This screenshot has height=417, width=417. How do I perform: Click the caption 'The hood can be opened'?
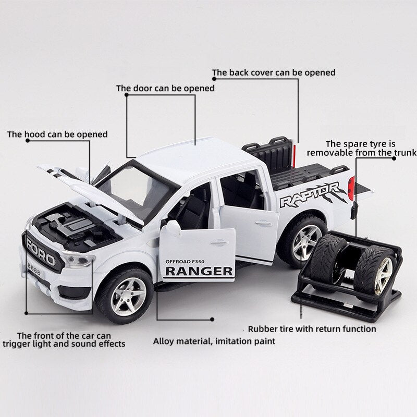point(57,134)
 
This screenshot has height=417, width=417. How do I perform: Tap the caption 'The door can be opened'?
point(165,89)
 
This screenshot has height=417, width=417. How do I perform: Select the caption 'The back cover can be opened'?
point(273,73)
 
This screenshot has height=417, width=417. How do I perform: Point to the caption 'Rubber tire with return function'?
point(311,329)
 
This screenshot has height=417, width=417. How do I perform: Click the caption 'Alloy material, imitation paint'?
point(214,342)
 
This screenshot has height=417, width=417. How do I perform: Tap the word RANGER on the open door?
point(199,271)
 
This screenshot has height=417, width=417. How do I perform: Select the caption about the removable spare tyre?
point(361,148)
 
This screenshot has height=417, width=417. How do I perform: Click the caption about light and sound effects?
point(64,339)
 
